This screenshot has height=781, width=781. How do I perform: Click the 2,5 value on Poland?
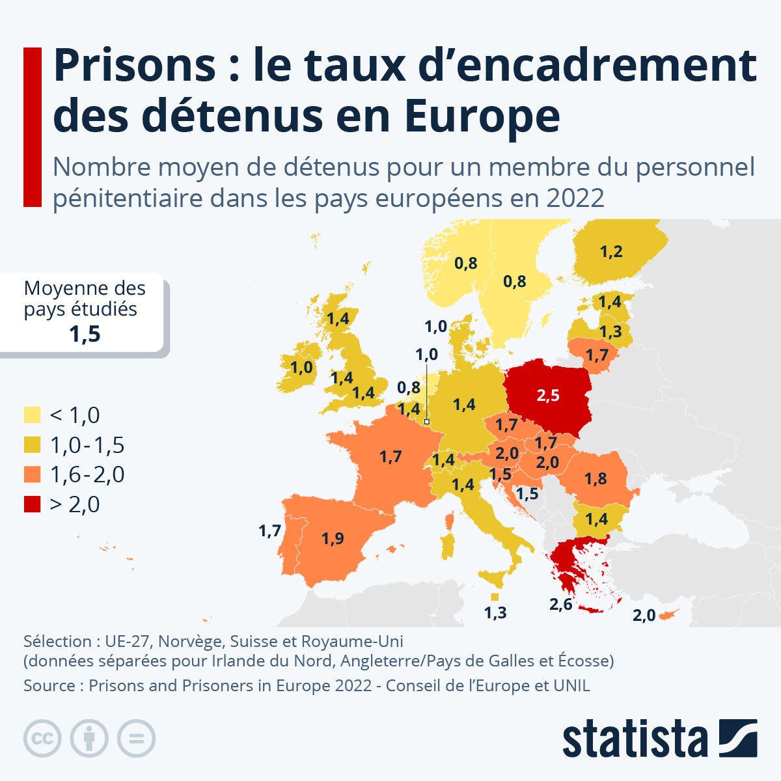pos(548,395)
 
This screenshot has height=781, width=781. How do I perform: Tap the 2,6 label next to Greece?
pos(560,604)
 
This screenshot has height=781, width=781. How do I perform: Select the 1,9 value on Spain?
pos(333,538)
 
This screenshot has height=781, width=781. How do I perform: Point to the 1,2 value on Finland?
pos(611,251)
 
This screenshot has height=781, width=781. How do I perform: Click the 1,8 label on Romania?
pos(595,478)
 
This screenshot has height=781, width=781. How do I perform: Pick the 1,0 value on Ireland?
pos(301,368)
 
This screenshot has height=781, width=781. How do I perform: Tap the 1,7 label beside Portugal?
pos(269,531)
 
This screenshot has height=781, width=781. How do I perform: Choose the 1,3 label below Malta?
pos(495,612)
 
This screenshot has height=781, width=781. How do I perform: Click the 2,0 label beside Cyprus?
pos(644,615)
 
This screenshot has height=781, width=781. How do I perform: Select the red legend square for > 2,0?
pos(33,504)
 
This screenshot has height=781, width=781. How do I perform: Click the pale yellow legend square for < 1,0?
pos(33,415)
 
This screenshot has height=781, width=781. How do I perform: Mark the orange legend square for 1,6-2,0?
pos(33,474)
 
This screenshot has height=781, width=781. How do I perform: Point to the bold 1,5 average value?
pos(85,334)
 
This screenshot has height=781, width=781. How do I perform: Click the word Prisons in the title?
pos(134,65)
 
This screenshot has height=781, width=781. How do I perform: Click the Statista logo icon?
pos(737,738)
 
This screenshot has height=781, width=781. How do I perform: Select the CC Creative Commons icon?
pos(42,739)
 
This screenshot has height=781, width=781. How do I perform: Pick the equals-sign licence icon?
pos(136,739)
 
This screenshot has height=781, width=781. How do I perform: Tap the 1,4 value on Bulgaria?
pos(596,519)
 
